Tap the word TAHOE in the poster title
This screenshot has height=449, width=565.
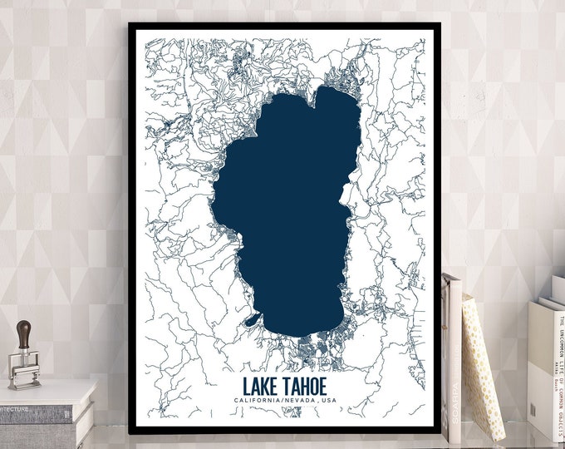[x=302, y=387]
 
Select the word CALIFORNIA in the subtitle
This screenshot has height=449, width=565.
[x=258, y=402]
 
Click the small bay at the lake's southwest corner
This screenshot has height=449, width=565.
[x=253, y=319]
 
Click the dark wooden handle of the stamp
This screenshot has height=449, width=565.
[x=25, y=333]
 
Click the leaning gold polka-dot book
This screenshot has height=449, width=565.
[x=482, y=366]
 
